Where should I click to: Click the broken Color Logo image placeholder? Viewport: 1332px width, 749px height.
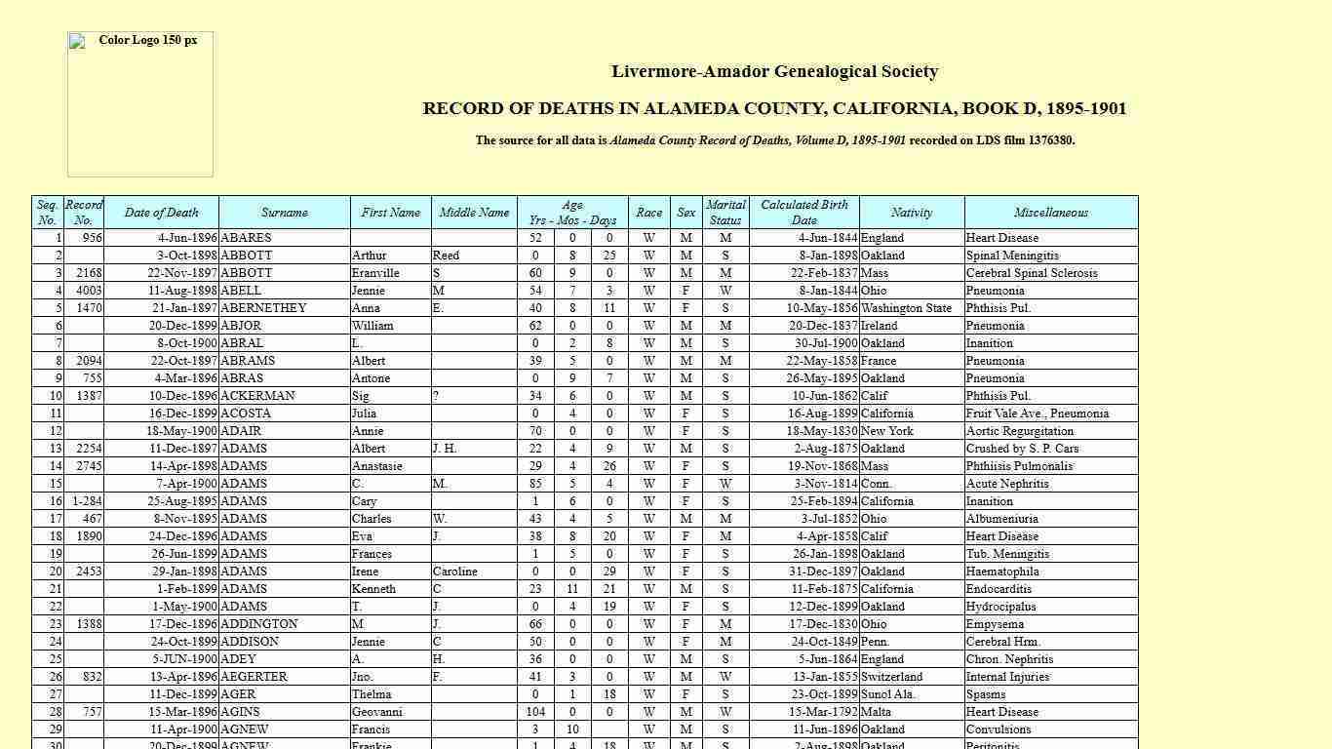click(139, 103)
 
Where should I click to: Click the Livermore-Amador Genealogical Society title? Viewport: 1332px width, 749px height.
click(774, 71)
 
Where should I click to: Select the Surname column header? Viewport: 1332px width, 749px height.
click(284, 213)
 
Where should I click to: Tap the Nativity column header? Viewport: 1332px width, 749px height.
click(911, 213)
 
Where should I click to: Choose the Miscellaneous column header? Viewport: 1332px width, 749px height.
click(1050, 213)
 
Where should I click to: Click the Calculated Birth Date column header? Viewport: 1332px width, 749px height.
click(803, 213)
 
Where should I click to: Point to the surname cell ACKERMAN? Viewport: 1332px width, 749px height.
click(257, 396)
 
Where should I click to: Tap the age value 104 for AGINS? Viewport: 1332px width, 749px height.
click(535, 712)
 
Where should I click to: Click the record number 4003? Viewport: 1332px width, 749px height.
click(89, 291)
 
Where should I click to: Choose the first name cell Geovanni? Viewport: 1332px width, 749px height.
click(376, 712)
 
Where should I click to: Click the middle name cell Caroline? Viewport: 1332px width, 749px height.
click(454, 572)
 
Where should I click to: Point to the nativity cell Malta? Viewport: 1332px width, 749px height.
click(877, 712)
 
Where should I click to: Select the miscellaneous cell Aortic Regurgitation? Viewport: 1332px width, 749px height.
click(1019, 431)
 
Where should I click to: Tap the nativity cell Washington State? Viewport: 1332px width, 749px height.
click(906, 308)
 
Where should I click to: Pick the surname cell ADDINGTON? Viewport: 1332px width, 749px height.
click(259, 624)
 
